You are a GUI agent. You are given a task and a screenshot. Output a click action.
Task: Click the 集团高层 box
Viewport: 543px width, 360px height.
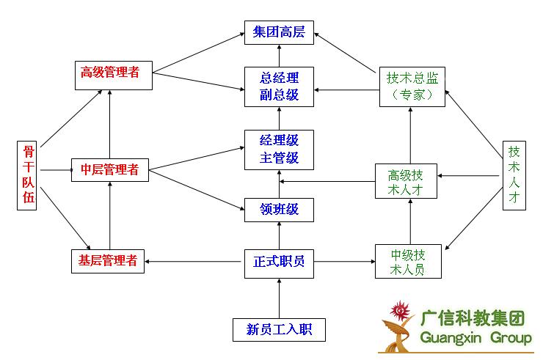pos(279,32)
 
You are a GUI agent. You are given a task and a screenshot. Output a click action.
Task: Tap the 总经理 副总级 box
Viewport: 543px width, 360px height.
pos(279,86)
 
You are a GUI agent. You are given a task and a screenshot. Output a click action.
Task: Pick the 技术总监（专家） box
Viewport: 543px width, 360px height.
pos(411,86)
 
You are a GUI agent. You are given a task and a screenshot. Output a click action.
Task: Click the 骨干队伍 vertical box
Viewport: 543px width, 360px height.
pos(28,175)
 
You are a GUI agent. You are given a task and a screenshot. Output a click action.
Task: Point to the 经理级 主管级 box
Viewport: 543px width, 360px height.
pos(279,149)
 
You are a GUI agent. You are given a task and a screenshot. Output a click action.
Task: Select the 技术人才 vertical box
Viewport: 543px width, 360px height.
pos(514,175)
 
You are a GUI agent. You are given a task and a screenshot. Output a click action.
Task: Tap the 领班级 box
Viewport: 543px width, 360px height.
pos(279,210)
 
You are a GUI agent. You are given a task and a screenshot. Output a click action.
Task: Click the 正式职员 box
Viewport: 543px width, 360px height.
pos(279,261)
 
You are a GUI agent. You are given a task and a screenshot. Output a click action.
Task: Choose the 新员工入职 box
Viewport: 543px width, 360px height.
pos(279,329)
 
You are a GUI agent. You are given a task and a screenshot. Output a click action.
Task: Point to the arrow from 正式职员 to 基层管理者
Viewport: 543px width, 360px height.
pos(194,261)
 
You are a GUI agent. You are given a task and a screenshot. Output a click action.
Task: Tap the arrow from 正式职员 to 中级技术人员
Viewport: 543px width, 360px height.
pos(343,261)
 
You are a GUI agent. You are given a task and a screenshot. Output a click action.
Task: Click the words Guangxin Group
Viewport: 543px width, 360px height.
pos(476,338)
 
